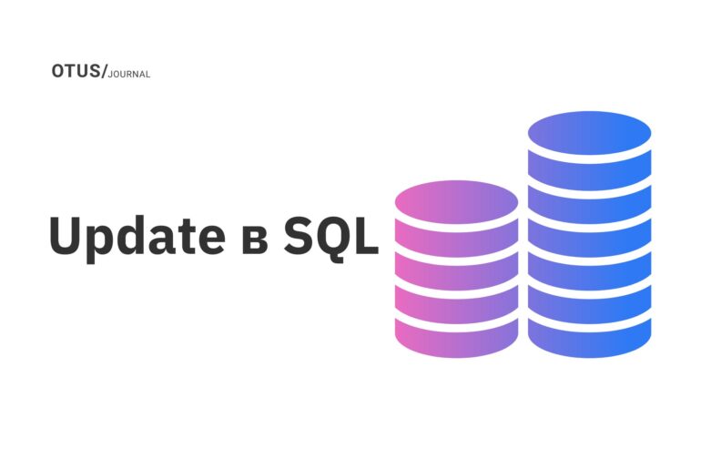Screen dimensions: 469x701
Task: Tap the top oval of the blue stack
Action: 590,134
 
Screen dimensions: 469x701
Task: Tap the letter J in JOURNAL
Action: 110,75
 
